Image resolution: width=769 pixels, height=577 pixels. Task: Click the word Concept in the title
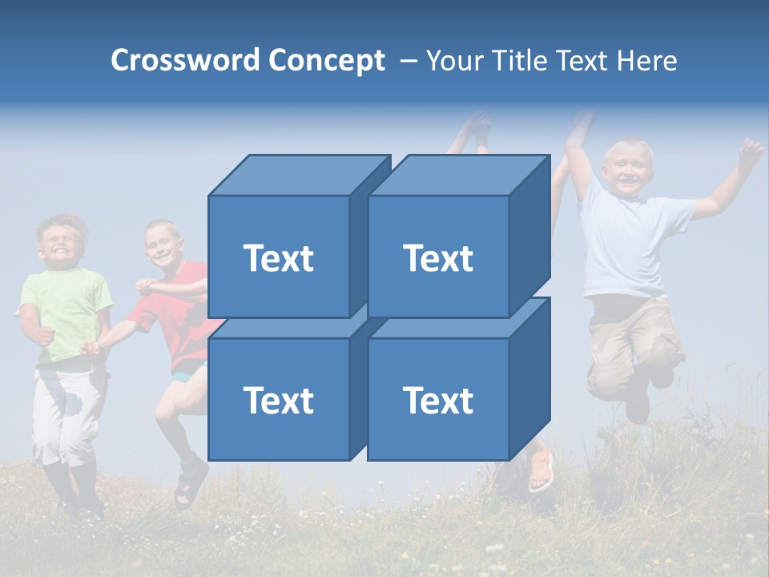click(327, 61)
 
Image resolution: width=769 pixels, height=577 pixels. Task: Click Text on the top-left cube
click(278, 258)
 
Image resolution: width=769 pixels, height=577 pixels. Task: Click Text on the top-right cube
click(437, 258)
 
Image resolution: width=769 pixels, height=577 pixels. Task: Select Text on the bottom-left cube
click(278, 400)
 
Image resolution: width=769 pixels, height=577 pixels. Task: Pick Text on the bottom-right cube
click(437, 400)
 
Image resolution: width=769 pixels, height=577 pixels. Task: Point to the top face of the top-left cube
click(298, 176)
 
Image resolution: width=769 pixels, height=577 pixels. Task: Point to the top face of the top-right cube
click(457, 176)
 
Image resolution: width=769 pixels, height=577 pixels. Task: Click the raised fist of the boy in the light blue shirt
click(750, 151)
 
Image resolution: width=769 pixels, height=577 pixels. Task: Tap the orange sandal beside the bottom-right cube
click(542, 470)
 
